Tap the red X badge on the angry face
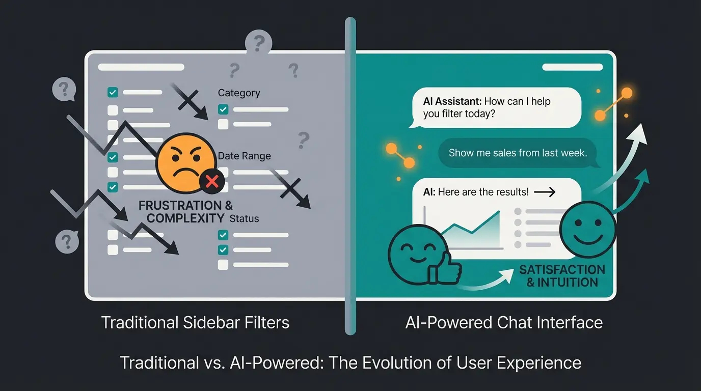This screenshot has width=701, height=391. (212, 181)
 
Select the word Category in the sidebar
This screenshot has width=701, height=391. (238, 93)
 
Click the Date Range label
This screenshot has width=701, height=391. (244, 156)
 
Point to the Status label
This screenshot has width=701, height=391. (244, 219)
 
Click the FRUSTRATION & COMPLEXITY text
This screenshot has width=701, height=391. (186, 212)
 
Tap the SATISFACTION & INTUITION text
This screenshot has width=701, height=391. (562, 275)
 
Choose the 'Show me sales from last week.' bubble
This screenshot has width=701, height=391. (518, 153)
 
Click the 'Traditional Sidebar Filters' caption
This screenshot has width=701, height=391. (195, 322)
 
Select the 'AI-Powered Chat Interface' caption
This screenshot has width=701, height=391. (504, 322)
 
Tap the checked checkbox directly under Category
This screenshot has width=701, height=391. (223, 109)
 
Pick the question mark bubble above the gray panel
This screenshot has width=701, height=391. (259, 43)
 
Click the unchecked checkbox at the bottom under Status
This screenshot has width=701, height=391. (223, 265)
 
